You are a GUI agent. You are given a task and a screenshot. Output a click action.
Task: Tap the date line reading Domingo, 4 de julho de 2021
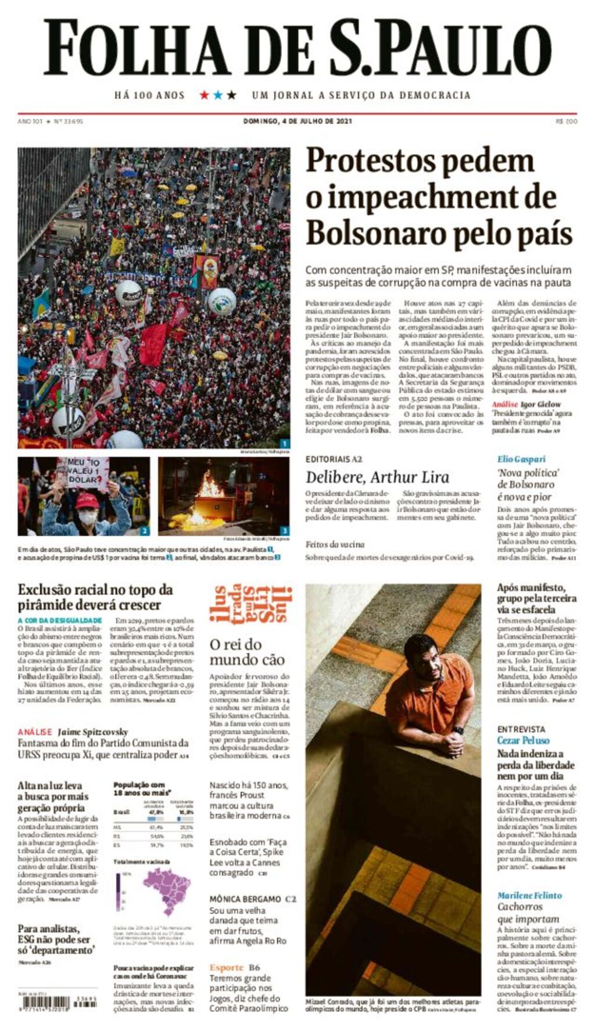click(297, 121)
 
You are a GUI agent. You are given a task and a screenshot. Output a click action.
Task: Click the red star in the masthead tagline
click(204, 95)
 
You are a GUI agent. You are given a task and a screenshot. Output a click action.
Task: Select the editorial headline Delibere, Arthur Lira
click(377, 477)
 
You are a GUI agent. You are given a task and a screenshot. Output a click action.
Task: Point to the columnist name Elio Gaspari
click(521, 459)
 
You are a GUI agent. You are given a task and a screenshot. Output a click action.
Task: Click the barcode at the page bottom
click(44, 1003)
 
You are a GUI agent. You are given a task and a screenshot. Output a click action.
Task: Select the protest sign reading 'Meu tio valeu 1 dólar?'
click(84, 470)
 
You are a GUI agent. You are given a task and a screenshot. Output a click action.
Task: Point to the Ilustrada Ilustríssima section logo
click(250, 604)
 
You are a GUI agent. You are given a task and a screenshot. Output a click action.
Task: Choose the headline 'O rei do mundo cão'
click(247, 652)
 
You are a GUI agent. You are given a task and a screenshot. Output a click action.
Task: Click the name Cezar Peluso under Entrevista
click(523, 740)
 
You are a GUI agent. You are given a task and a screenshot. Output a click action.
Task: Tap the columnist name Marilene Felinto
click(529, 896)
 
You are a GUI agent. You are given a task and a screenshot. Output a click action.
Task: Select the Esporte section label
click(226, 968)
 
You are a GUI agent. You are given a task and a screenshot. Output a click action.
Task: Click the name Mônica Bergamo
click(245, 899)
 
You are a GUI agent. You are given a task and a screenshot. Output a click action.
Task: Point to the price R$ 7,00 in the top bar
click(566, 121)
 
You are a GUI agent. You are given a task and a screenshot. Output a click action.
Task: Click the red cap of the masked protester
click(87, 501)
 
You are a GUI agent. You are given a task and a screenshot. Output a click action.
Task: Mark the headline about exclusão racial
click(95, 597)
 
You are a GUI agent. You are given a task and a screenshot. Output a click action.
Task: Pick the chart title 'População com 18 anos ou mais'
click(142, 788)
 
